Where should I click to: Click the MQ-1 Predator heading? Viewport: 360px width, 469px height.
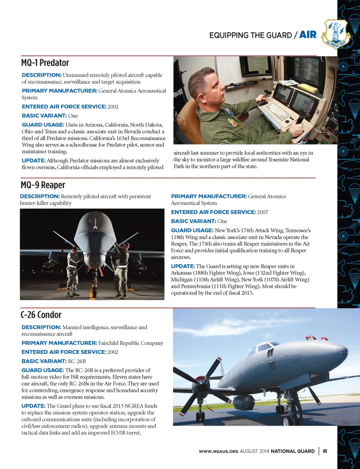(x=45, y=63)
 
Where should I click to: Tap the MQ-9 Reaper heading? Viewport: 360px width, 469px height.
(x=43, y=185)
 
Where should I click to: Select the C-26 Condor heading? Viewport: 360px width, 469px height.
(x=41, y=315)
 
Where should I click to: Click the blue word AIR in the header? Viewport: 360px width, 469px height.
(x=308, y=35)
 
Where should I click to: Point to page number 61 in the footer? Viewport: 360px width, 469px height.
(x=325, y=451)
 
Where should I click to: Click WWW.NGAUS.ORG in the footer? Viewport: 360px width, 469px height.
(x=218, y=451)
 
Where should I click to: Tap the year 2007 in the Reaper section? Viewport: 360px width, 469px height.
(x=262, y=212)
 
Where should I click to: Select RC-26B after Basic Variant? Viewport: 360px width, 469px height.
(x=77, y=361)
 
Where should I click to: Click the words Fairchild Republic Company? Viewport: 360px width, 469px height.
(x=130, y=343)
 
